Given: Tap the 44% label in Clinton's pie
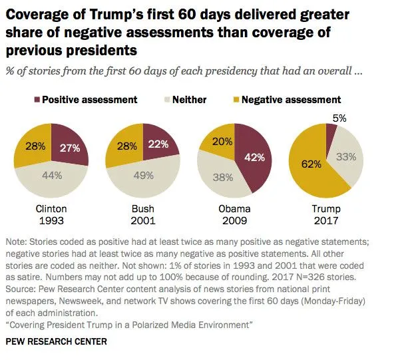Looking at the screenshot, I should pos(52,176).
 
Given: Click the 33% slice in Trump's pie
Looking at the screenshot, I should pos(346,157).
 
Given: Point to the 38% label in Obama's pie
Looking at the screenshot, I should pos(222,177).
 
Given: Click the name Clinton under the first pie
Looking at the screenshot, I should pos(51,208).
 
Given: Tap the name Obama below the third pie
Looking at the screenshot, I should pos(234,208).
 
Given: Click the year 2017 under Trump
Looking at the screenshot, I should pos(326,220).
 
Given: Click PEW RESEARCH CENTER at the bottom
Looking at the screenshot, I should pos(55,341).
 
